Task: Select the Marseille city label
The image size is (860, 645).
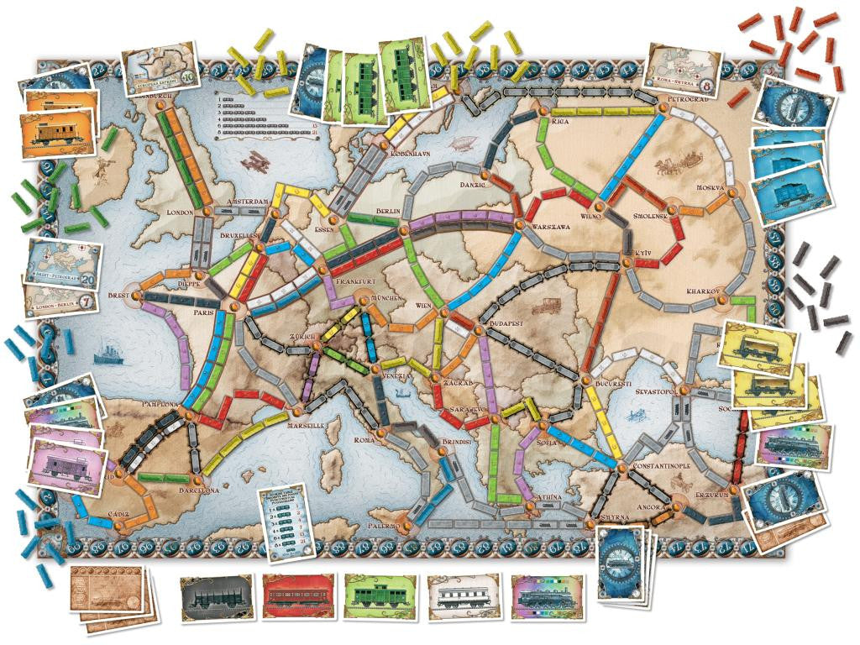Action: coord(306,426)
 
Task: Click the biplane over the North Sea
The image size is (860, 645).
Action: coord(252,161)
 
